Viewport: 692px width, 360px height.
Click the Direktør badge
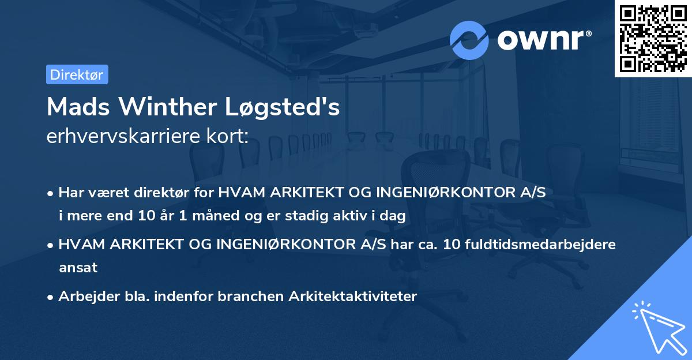(x=77, y=74)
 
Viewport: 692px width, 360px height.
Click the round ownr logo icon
(x=469, y=40)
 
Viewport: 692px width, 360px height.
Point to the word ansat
(x=78, y=268)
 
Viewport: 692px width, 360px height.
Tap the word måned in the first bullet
(x=216, y=216)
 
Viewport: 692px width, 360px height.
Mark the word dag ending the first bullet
(x=395, y=216)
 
